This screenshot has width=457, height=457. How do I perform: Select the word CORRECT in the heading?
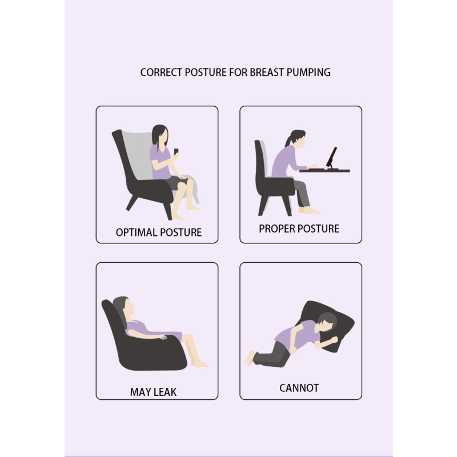pyautogui.click(x=161, y=73)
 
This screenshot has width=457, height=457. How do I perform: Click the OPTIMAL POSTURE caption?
pyautogui.click(x=158, y=232)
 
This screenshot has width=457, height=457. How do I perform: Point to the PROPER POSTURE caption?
pyautogui.click(x=299, y=228)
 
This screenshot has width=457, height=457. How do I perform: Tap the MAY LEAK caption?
pyautogui.click(x=153, y=392)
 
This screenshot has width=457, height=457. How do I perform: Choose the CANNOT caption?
pyautogui.click(x=299, y=388)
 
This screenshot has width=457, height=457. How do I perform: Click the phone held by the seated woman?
pyautogui.click(x=176, y=152)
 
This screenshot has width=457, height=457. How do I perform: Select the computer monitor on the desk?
pyautogui.click(x=331, y=157)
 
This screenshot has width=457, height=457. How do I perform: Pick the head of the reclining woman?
pyautogui.click(x=121, y=308)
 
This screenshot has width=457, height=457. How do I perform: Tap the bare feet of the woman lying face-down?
pyautogui.click(x=250, y=358)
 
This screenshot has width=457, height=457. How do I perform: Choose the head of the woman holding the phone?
pyautogui.click(x=159, y=135)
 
